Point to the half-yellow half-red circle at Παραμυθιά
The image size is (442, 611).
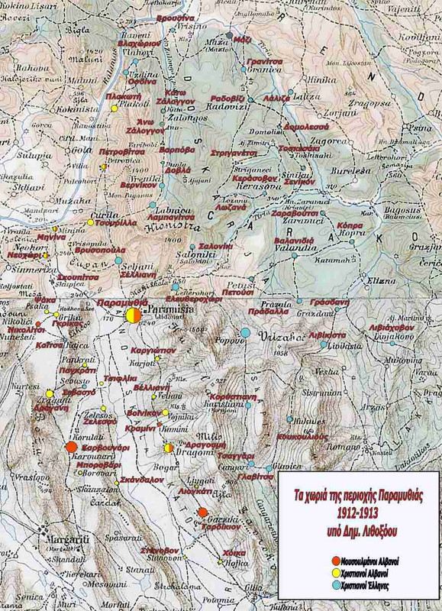[133, 315]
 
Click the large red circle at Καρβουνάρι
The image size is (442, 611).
[71, 447]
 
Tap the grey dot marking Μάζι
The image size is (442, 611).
[230, 36]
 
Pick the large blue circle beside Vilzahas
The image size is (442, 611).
[246, 332]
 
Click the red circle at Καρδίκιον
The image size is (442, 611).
[203, 512]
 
